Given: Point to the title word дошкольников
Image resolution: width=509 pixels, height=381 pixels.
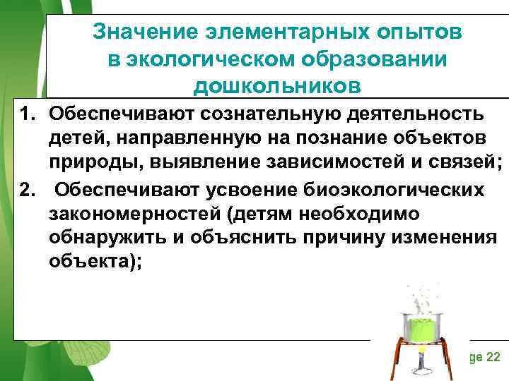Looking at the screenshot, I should [x=277, y=85].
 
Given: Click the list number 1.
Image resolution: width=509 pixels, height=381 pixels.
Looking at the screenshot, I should [x=26, y=114].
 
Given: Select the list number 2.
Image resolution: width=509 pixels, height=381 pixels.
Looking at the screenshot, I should [x=26, y=190].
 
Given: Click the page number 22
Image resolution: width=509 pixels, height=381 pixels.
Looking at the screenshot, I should [x=492, y=357].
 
